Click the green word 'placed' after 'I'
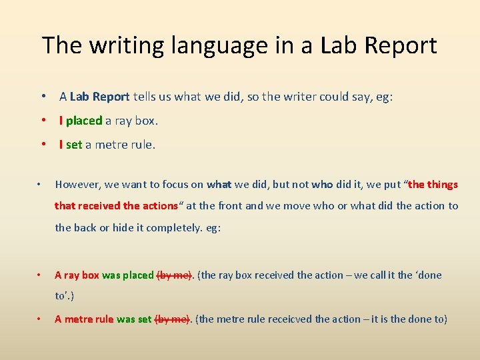tap(84, 121)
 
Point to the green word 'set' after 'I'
tap(74, 144)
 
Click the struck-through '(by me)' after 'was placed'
tap(174, 275)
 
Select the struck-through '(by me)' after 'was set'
tap(172, 319)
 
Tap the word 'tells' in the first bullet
tap(145, 97)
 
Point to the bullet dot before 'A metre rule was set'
tap(40, 319)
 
